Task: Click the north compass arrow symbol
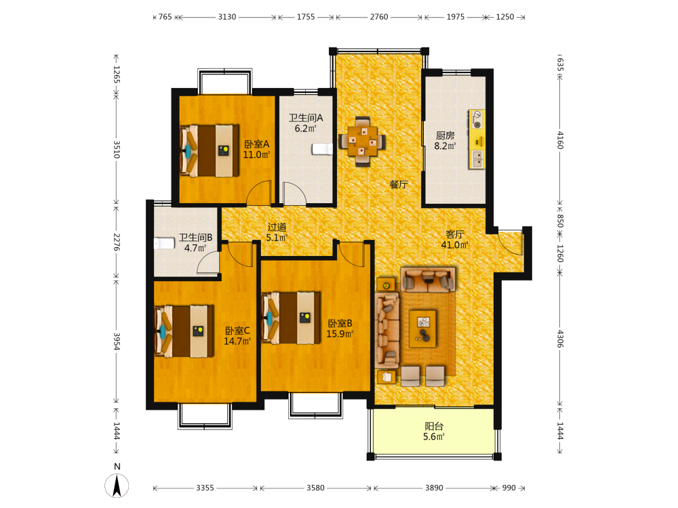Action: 117,486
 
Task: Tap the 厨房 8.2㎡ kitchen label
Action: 445,141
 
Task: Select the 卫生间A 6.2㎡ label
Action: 306,123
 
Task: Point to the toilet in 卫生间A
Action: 322,149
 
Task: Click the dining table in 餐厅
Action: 362,141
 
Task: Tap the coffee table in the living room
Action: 422,329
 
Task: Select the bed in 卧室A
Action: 210,151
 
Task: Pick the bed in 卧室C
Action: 184,331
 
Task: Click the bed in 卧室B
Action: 291,318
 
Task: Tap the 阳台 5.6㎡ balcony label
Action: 434,431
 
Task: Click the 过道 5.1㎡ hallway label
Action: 277,232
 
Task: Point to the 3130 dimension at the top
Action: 227,17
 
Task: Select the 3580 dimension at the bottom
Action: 315,488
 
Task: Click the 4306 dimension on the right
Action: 560,339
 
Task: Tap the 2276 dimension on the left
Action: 117,242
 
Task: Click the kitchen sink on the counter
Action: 477,159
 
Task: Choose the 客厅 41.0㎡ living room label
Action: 454,240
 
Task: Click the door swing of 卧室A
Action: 258,192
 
